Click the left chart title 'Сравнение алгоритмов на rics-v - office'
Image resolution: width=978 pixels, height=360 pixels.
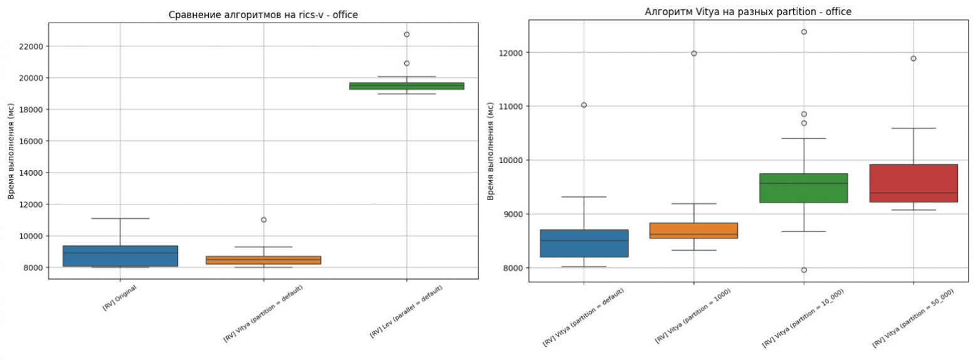tap(263, 15)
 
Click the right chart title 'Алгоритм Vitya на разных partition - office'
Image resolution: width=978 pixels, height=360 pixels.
tap(748, 12)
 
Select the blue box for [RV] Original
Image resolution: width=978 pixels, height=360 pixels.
tap(120, 256)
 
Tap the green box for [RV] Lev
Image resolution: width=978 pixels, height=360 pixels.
tap(406, 86)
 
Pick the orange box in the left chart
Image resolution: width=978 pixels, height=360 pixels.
tap(263, 260)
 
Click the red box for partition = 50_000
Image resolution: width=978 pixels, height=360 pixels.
tap(913, 183)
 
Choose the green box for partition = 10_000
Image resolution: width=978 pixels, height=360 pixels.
tap(803, 188)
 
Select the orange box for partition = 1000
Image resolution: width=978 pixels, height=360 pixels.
tap(693, 230)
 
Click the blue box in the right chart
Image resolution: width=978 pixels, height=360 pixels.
tap(584, 243)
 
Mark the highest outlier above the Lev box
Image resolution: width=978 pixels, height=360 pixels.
tap(407, 34)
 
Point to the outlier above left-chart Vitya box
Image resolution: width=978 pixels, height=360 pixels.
tap(263, 220)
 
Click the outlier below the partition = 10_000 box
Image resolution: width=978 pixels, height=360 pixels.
tap(803, 270)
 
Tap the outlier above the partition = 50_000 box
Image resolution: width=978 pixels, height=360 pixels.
tap(913, 58)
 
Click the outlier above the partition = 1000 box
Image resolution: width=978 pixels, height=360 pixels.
tap(693, 53)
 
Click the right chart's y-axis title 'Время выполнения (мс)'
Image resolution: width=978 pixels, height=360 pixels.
tap(491, 151)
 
